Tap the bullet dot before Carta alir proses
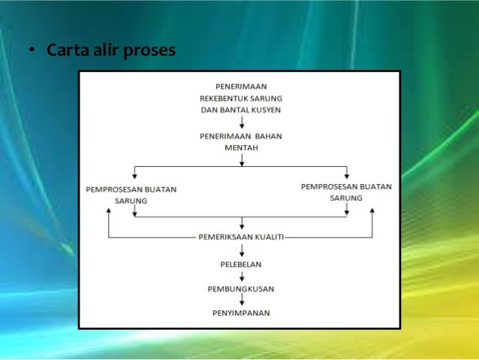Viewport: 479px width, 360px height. [x=32, y=53]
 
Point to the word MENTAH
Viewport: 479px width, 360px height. [x=241, y=148]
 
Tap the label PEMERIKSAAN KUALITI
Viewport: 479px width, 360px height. [x=241, y=237]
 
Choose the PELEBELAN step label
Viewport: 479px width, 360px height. [x=241, y=264]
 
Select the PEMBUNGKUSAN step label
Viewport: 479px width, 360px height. [x=241, y=289]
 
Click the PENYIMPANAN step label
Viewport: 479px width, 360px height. [x=241, y=313]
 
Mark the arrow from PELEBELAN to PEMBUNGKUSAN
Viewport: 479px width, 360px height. [x=241, y=276]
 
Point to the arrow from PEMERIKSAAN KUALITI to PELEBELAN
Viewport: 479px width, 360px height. [x=241, y=250]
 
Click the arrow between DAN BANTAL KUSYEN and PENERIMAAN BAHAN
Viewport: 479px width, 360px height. [x=241, y=123]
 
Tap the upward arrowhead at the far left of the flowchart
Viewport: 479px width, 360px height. [x=110, y=213]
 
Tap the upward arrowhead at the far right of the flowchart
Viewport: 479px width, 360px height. [x=372, y=213]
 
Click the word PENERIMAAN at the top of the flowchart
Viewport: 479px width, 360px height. [x=241, y=86]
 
